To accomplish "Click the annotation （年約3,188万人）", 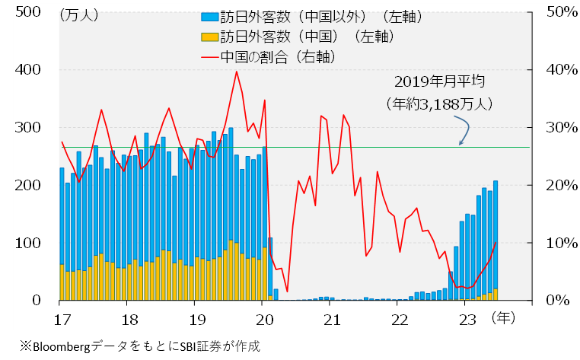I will pos(440,101).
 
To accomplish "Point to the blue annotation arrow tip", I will pos(460,142).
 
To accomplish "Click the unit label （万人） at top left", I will pos(78,14).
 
